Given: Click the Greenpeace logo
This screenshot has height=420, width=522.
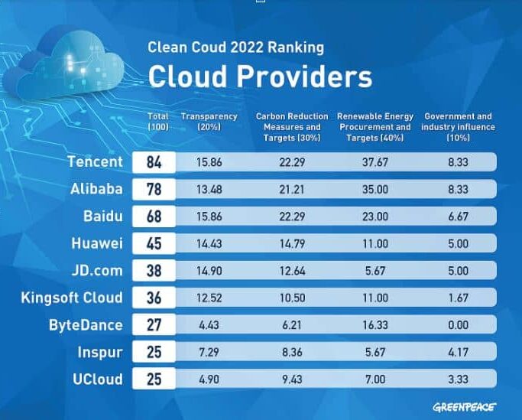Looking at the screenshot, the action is pyautogui.click(x=465, y=407).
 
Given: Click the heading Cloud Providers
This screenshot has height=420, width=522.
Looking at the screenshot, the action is pyautogui.click(x=260, y=77).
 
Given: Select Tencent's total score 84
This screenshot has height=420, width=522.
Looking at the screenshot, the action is pyautogui.click(x=154, y=162).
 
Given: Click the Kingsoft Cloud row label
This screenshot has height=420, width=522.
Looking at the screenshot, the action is pyautogui.click(x=72, y=298).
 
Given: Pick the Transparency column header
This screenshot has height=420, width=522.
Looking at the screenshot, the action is pyautogui.click(x=209, y=122).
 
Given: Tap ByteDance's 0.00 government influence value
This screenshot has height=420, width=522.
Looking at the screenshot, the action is pyautogui.click(x=458, y=325).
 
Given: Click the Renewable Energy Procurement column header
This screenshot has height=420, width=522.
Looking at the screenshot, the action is pyautogui.click(x=375, y=127).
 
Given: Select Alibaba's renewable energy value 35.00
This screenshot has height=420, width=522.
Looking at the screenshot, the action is pyautogui.click(x=375, y=189).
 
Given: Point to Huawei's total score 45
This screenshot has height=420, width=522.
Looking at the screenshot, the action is pyautogui.click(x=154, y=244).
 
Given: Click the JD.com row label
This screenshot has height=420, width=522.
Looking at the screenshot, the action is pyautogui.click(x=97, y=271).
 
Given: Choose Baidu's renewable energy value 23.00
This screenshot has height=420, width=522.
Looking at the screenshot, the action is pyautogui.click(x=375, y=217).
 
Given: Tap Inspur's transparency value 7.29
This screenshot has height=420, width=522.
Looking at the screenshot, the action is pyautogui.click(x=209, y=353).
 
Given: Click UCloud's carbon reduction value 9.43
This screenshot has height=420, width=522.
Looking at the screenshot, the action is pyautogui.click(x=292, y=379).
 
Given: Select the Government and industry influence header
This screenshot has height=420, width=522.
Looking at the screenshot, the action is pyautogui.click(x=458, y=127).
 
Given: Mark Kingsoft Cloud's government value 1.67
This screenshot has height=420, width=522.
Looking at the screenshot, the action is pyautogui.click(x=458, y=298).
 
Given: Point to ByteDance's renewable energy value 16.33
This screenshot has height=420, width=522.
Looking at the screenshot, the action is pyautogui.click(x=375, y=325).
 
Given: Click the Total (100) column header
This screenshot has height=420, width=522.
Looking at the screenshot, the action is pyautogui.click(x=158, y=122).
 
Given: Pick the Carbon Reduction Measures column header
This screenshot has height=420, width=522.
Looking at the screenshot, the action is pyautogui.click(x=292, y=127).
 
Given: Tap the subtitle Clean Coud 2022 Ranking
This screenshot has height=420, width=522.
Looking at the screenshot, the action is pyautogui.click(x=235, y=47).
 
